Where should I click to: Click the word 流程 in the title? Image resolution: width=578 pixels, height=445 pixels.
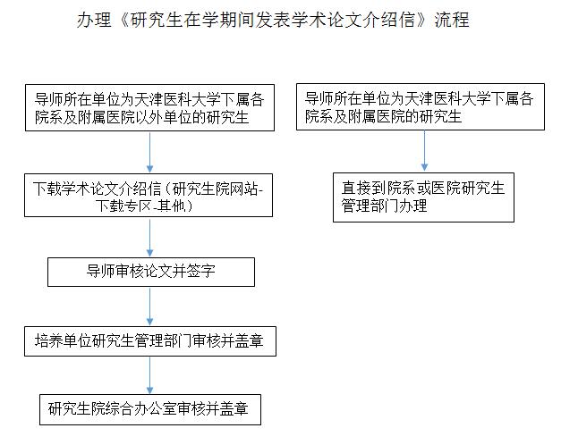click(x=452, y=20)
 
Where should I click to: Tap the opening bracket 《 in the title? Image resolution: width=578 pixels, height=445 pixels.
click(x=123, y=20)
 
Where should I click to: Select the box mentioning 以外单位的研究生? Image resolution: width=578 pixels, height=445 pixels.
click(x=149, y=107)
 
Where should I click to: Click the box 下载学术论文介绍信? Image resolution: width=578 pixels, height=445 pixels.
click(x=149, y=195)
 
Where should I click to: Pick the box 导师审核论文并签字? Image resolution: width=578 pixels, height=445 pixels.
click(x=151, y=272)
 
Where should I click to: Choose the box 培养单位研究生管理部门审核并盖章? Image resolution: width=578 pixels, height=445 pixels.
click(x=150, y=341)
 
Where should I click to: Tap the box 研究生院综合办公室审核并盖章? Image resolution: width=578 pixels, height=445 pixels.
click(x=150, y=409)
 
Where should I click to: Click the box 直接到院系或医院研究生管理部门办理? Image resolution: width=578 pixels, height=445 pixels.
click(x=423, y=197)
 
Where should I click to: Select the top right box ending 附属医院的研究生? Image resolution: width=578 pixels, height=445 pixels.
click(x=421, y=106)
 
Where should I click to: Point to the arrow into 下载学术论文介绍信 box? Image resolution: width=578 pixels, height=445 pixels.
click(x=149, y=152)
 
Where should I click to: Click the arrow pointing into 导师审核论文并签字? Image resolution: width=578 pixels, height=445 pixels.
click(x=149, y=238)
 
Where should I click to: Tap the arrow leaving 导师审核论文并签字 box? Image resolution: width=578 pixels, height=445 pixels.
click(x=149, y=306)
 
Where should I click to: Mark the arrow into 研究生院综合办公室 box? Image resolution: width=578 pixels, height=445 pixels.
click(x=149, y=375)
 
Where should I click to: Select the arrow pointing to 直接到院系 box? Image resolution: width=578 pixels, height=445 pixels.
click(x=424, y=151)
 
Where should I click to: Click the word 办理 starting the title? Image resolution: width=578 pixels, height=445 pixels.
click(x=94, y=20)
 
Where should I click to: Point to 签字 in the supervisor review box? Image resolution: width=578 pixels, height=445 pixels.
click(x=201, y=272)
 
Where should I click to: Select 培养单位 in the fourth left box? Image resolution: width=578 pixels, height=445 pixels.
click(x=63, y=340)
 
